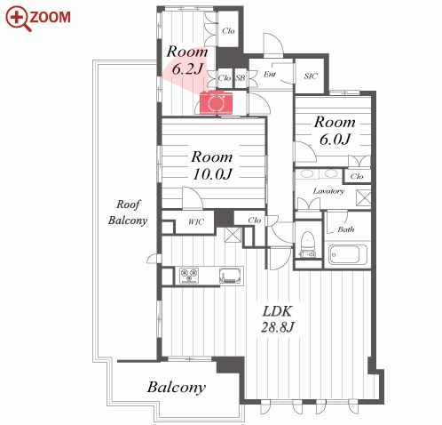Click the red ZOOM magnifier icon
pyautogui.click(x=18, y=19)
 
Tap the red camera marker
pyautogui.click(x=216, y=103)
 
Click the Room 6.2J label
pyautogui.click(x=187, y=60)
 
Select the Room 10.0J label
pyautogui.click(x=212, y=165)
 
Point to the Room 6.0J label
pyautogui.click(x=335, y=131)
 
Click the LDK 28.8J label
pyautogui.click(x=277, y=319)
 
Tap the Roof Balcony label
pyautogui.click(x=128, y=212)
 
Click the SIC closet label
pyautogui.click(x=311, y=76)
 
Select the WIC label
pyautogui.click(x=196, y=221)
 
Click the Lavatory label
pyautogui.click(x=328, y=191)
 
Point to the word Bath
pyautogui.click(x=346, y=229)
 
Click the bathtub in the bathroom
pyautogui.click(x=348, y=254)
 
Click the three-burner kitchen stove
pyautogui.click(x=189, y=276)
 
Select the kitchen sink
pyautogui.click(x=231, y=276)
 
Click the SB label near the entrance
pyautogui.click(x=241, y=77)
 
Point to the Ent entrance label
pyautogui.click(x=270, y=74)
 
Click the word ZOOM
pyautogui.click(x=51, y=17)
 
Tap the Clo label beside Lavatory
pyautogui.click(x=357, y=176)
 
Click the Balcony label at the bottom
pyautogui.click(x=176, y=388)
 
